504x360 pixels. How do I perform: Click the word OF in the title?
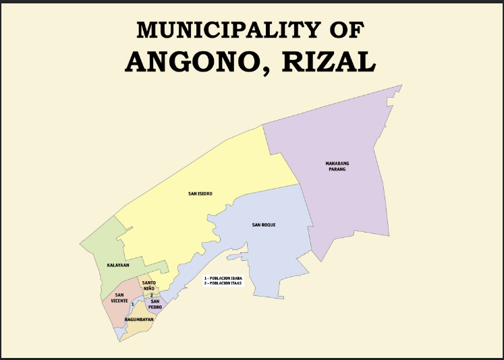346,30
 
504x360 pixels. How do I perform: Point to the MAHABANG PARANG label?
337,166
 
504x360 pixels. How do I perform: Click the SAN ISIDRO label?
200,193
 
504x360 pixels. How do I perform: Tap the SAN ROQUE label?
264,224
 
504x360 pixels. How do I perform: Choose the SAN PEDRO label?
155,304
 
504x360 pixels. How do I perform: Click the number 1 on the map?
133,305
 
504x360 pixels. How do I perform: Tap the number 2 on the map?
152,295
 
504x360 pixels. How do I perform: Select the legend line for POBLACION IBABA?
223,278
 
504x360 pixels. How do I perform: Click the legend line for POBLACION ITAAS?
223,283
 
